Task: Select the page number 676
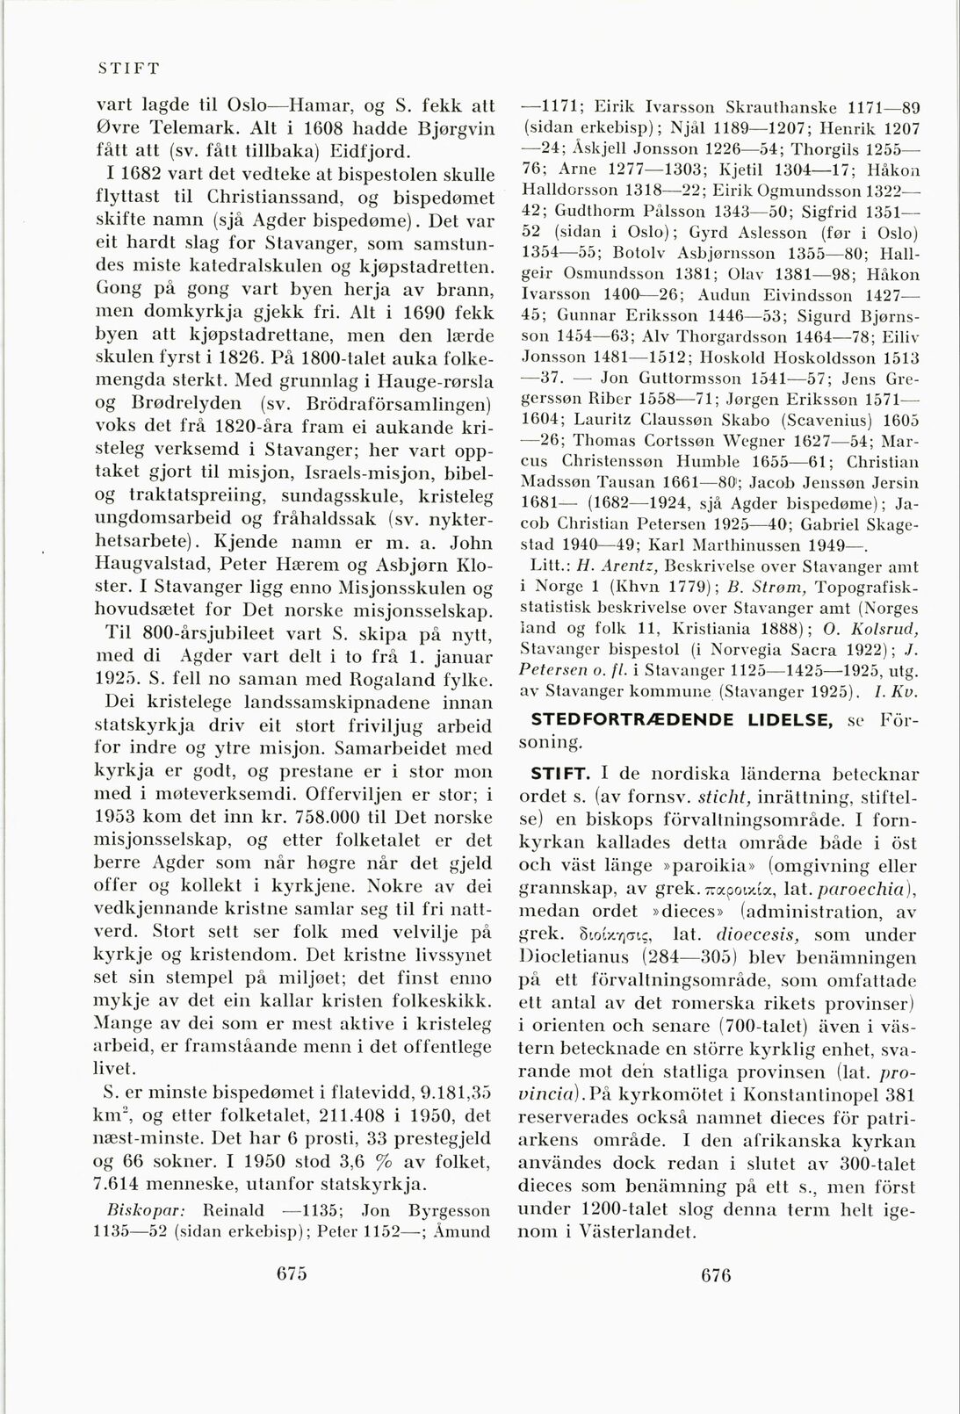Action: pyautogui.click(x=716, y=1275)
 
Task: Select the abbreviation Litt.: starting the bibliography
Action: pyautogui.click(x=549, y=567)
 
